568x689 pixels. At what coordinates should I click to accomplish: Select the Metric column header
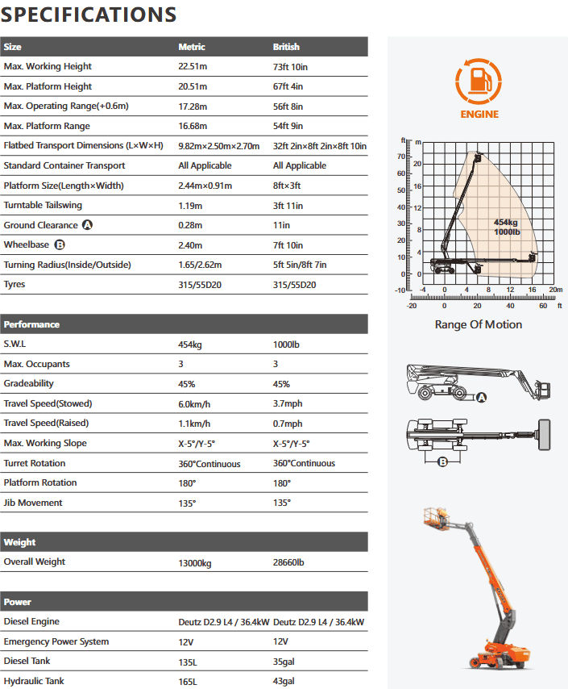[192, 47]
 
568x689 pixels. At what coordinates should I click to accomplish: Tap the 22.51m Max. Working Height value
[193, 66]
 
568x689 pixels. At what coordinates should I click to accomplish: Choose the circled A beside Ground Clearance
[87, 225]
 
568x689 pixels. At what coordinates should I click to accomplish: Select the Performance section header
[32, 324]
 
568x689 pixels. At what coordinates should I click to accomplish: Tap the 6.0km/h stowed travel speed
[194, 403]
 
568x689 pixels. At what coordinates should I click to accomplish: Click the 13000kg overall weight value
[195, 562]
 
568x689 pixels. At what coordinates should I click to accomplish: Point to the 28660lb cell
[289, 562]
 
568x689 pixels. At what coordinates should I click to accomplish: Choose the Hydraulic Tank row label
[34, 682]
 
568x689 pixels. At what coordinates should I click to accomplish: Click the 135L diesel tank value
[188, 662]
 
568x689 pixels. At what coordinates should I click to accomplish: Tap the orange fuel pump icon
[479, 81]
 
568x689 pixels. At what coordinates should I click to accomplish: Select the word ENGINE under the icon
[479, 115]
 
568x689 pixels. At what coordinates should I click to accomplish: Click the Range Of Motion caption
[478, 324]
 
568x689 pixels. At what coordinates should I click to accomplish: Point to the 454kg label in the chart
[505, 222]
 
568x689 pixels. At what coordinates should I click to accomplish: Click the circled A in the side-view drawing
[482, 397]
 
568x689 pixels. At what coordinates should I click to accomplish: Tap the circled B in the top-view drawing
[442, 461]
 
